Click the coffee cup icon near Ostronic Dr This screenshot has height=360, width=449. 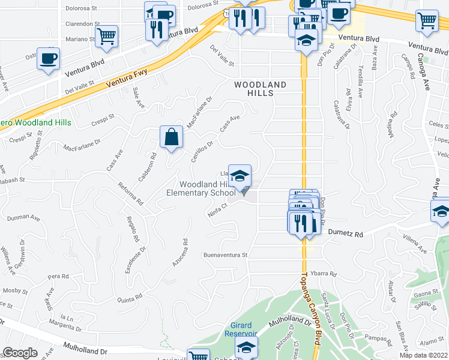point(48,59)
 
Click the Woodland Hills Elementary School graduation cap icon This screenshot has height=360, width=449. point(240,176)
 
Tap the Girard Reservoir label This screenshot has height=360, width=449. point(241,329)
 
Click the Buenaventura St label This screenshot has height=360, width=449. point(225,254)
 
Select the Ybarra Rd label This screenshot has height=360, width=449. point(325,274)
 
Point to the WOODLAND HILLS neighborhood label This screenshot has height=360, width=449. point(261,89)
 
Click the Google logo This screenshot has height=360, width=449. point(20,352)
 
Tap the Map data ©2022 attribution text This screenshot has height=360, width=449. point(424,355)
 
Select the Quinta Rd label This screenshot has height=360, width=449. point(130,298)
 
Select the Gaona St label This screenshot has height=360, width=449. point(426,292)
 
